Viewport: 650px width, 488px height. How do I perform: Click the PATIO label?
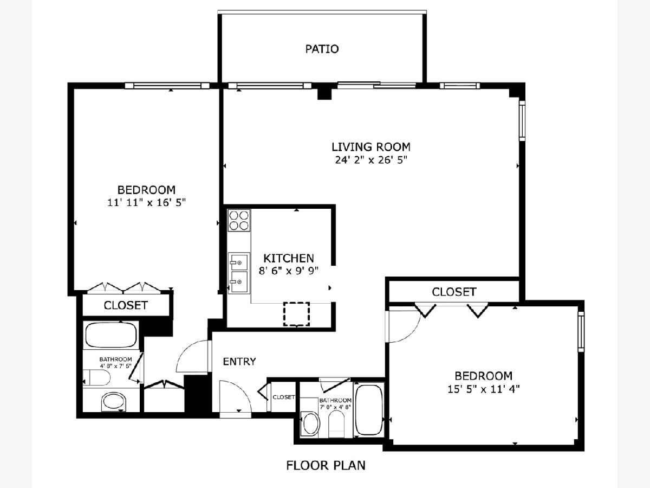tap(322, 49)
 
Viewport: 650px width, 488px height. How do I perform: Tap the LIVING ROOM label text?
tap(370, 147)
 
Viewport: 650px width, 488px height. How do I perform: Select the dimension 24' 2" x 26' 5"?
tap(371, 160)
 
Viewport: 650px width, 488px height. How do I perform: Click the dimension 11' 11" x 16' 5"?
tap(146, 203)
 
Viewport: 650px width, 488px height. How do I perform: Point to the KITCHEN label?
tap(288, 259)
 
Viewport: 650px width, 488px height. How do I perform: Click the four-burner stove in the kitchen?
tap(239, 221)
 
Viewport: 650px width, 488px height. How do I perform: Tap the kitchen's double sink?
tap(239, 273)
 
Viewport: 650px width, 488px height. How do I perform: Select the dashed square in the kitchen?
tap(296, 314)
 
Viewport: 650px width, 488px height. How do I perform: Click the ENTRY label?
tap(239, 362)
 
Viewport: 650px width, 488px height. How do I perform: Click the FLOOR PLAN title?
tap(326, 465)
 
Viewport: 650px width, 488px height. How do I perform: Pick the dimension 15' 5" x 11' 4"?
tap(483, 389)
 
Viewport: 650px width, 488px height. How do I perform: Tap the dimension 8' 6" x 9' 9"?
tap(288, 271)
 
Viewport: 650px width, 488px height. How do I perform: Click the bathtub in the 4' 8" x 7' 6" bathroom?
tap(110, 335)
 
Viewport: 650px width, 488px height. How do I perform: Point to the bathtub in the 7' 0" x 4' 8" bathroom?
tap(369, 409)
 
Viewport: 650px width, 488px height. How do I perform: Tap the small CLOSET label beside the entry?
tap(284, 397)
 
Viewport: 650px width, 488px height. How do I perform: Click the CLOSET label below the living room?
tap(454, 292)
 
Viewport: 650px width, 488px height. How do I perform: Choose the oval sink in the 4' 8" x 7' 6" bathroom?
tap(114, 401)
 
